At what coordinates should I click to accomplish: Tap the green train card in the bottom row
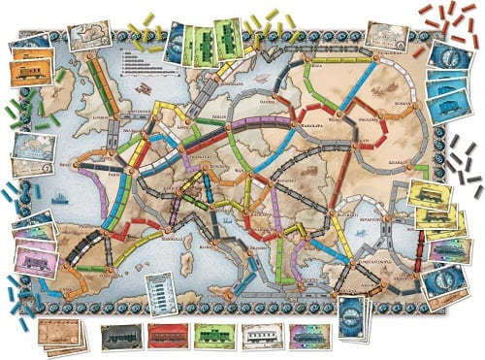[x=215, y=335]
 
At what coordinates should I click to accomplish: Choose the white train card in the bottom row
[x=261, y=335]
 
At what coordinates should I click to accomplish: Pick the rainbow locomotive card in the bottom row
[x=307, y=335]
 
